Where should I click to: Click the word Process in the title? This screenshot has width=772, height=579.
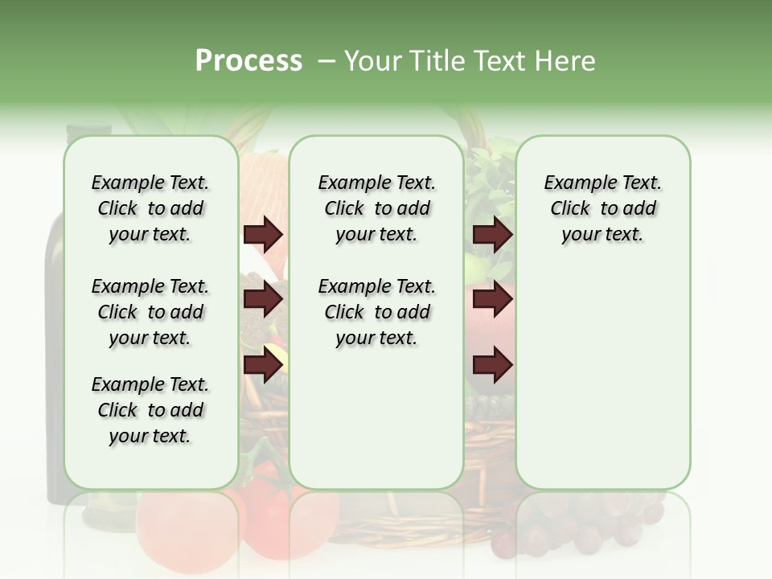point(248,60)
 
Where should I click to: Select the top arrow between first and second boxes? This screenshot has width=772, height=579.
point(263,235)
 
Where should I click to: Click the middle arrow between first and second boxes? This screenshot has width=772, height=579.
point(263,299)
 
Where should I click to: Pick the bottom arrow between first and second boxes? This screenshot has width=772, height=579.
point(263,364)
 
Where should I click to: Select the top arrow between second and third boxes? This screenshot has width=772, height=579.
point(492,235)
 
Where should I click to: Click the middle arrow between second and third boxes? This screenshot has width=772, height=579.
point(492,299)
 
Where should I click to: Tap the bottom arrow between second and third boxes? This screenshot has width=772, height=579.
point(492,364)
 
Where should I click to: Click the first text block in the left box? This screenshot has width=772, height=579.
point(150,208)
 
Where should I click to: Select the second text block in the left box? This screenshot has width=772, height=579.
point(150,312)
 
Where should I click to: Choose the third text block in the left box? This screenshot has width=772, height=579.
point(150,410)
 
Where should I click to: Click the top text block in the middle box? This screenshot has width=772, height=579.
point(376,208)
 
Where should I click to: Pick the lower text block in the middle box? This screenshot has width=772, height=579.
point(376,312)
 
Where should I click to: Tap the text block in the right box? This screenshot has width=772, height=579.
point(602,208)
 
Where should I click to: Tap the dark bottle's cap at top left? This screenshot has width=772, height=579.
point(88,129)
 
